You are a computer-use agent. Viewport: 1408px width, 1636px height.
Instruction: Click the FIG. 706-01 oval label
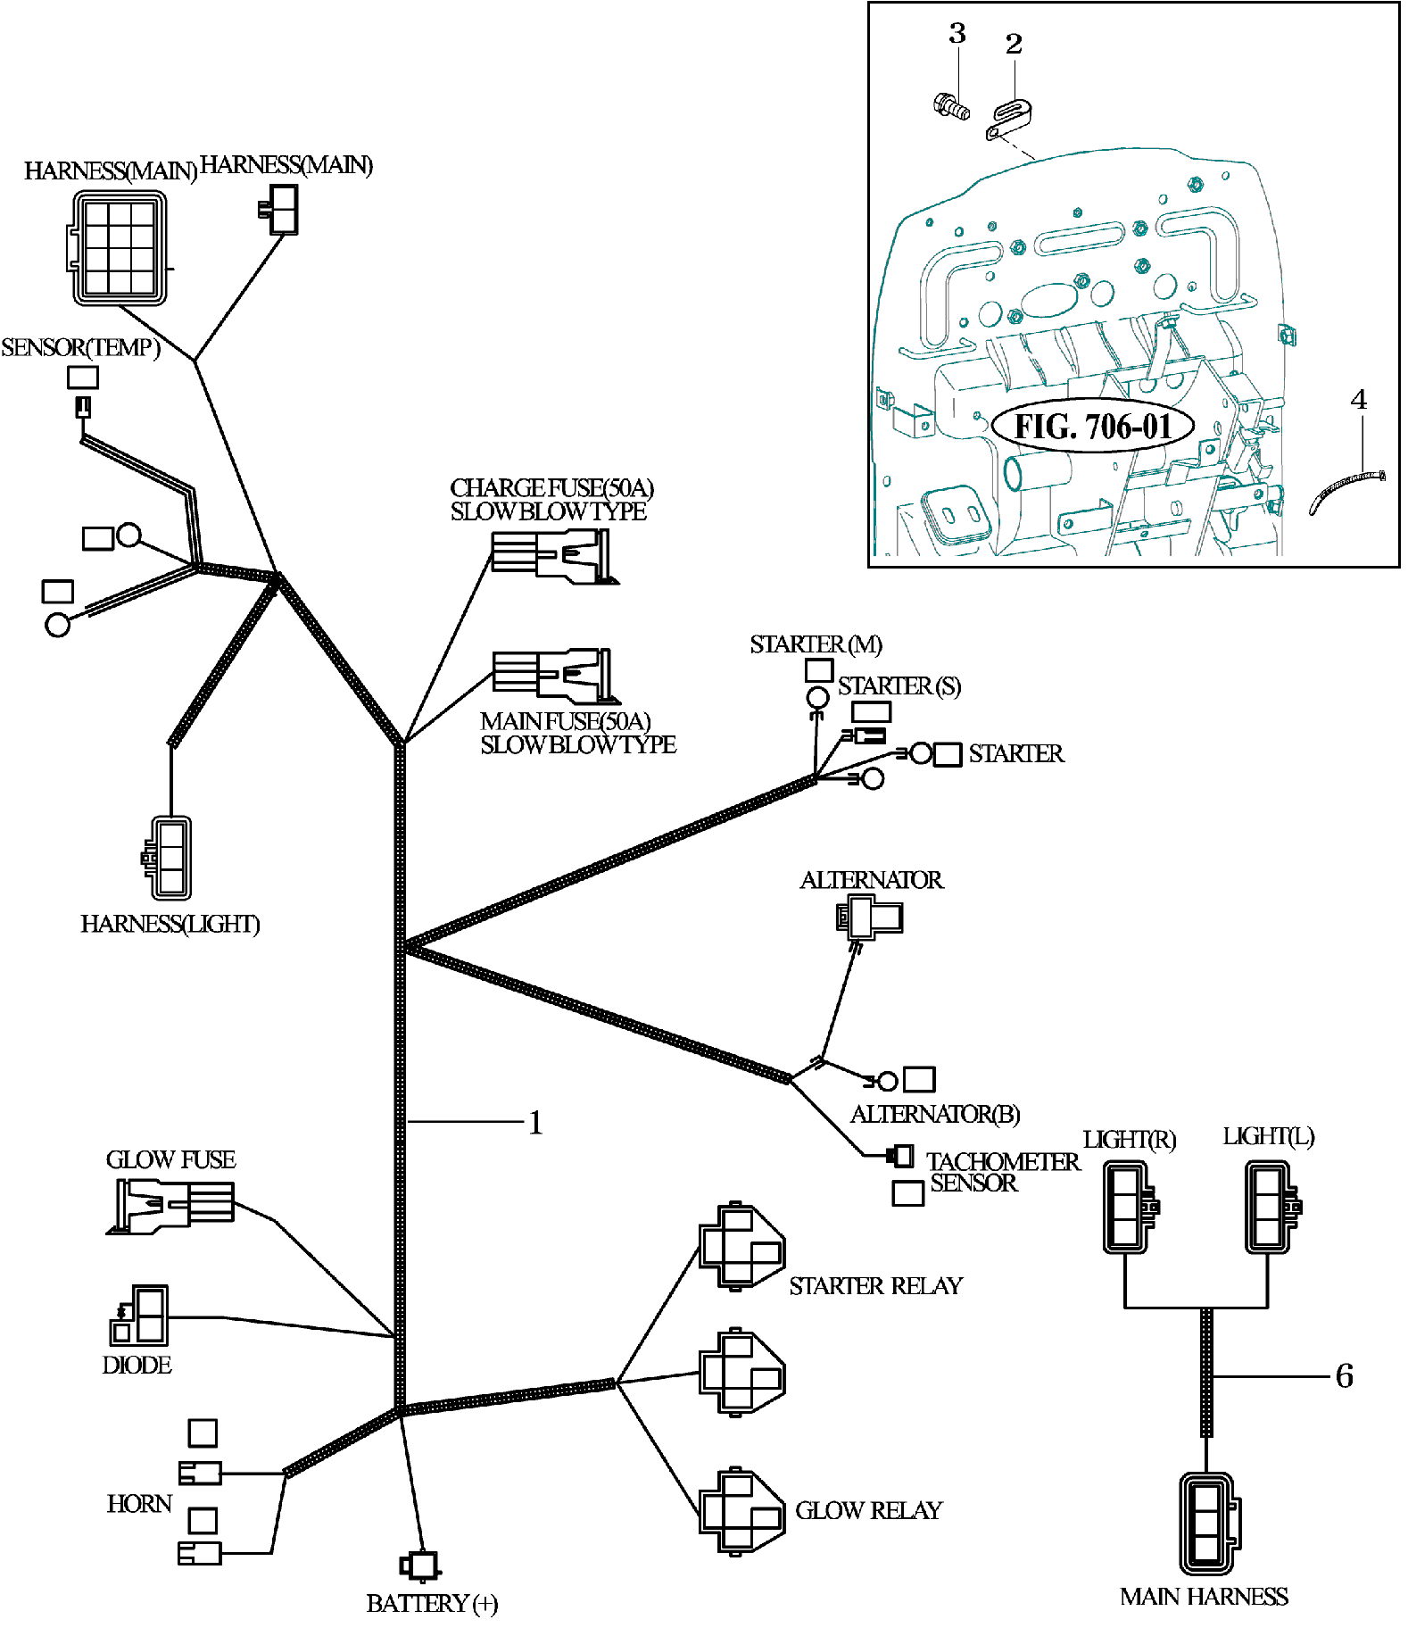[1092, 426]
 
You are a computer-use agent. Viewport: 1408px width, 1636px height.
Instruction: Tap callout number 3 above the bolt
[957, 34]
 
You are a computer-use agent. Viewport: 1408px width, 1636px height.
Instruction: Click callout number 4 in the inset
[1358, 399]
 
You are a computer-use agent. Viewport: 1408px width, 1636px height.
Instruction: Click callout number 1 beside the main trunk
[535, 1122]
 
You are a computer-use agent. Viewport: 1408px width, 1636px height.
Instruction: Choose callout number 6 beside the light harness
[1344, 1375]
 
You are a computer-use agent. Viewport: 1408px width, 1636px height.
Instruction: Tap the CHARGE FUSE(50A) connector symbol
[553, 556]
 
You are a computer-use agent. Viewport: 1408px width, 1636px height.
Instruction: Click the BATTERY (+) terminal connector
[419, 1565]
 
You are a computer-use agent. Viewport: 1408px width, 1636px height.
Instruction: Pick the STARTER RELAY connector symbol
[741, 1246]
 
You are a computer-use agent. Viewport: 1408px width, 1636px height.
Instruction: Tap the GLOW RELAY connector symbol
[741, 1510]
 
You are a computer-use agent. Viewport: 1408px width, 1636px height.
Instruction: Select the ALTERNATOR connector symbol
[870, 918]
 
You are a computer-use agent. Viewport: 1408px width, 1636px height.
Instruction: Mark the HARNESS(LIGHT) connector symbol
[169, 858]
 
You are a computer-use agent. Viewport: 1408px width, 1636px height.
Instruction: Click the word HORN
[139, 1504]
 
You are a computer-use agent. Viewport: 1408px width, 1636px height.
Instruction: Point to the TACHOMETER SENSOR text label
[1001, 1172]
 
